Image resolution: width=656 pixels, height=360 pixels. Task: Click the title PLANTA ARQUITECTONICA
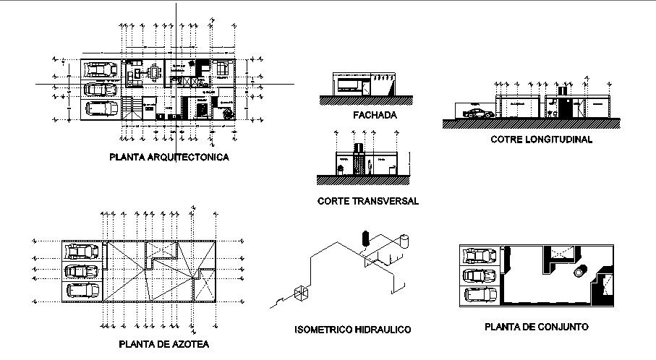click(x=169, y=157)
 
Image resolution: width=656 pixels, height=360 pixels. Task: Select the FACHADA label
click(x=375, y=115)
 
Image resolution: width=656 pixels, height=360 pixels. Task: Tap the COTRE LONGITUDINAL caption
click(x=540, y=139)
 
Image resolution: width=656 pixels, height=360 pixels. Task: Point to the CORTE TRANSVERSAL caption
click(x=367, y=201)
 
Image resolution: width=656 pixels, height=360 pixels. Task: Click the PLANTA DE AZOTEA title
click(x=164, y=344)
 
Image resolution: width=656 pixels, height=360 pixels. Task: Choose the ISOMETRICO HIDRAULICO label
click(x=353, y=330)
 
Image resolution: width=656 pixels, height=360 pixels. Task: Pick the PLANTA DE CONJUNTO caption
click(x=537, y=327)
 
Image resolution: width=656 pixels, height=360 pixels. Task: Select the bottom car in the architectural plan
click(x=101, y=108)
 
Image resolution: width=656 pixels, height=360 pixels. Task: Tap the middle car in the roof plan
click(x=82, y=272)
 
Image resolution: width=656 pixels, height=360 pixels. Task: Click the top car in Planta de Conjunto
click(x=480, y=256)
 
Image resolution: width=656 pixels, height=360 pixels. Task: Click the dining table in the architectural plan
click(x=153, y=72)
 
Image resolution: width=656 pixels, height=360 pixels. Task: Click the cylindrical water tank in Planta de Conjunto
click(x=579, y=272)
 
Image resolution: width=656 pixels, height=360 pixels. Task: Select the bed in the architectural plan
click(x=221, y=72)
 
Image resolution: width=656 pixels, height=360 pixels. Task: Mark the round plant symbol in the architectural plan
click(x=228, y=113)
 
